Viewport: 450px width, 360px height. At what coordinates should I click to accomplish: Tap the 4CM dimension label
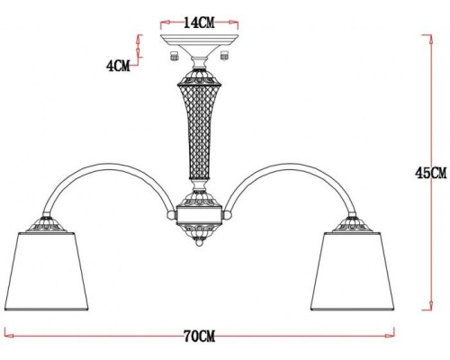click(x=118, y=65)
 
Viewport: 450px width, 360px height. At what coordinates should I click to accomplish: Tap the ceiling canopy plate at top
click(x=195, y=41)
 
